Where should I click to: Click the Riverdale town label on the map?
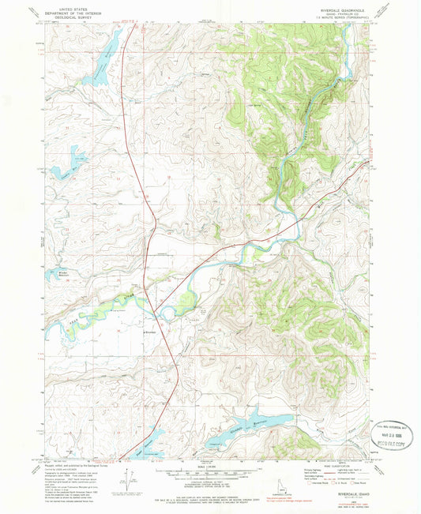pos(152,333)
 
